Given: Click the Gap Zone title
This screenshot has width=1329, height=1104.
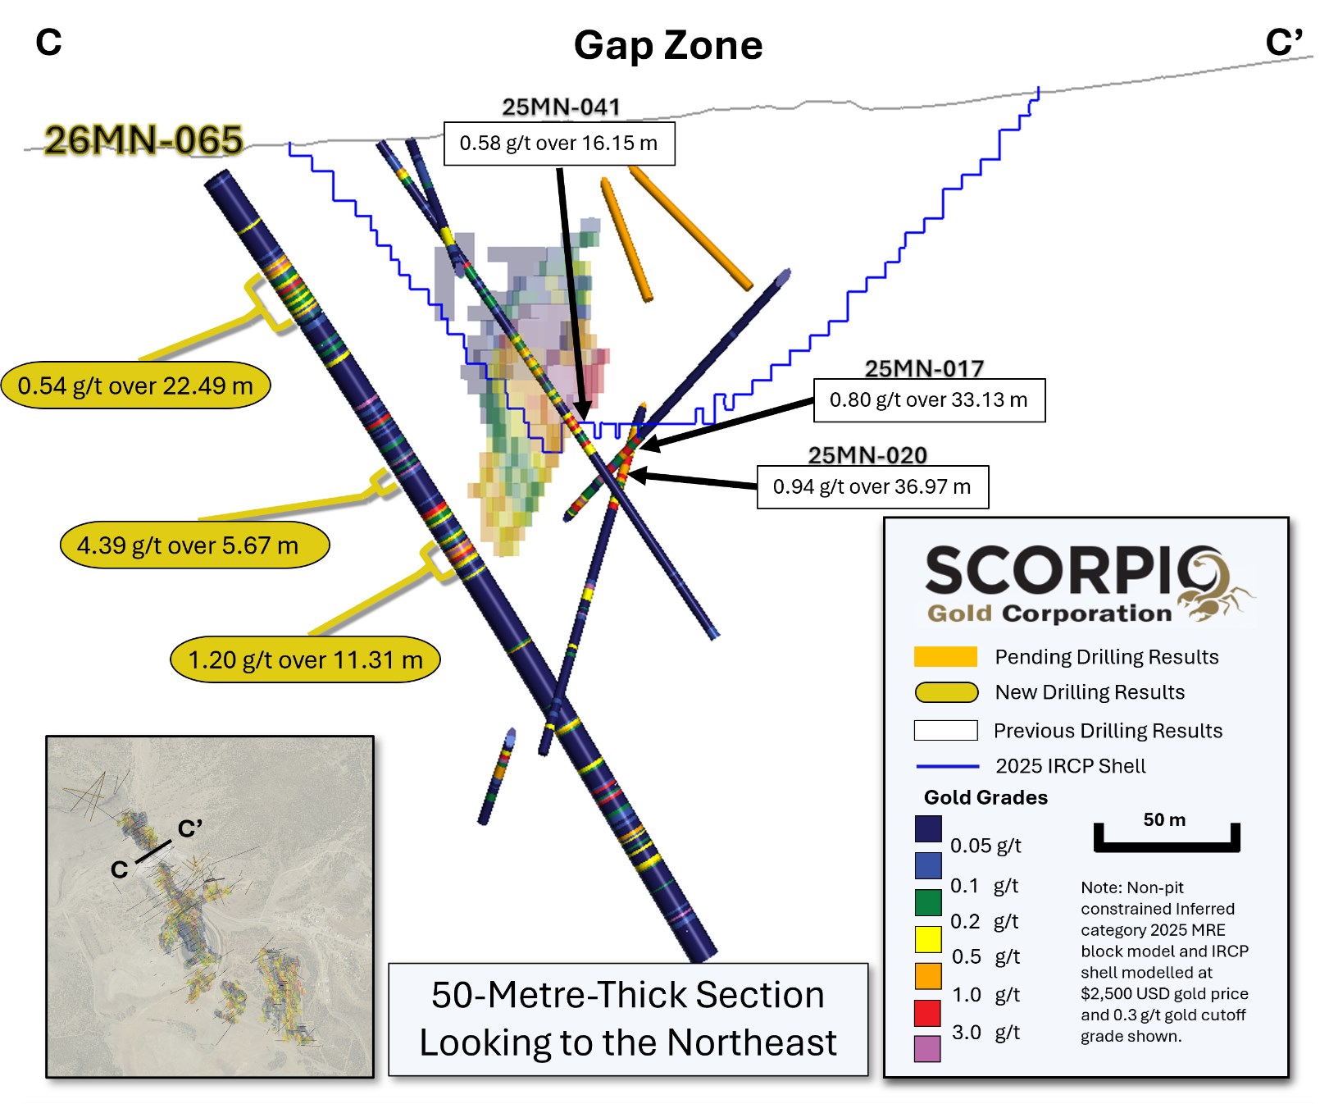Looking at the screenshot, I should (x=667, y=45).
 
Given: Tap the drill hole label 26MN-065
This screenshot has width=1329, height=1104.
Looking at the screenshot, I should (x=143, y=139).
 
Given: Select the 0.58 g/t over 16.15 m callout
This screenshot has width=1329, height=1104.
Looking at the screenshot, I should (x=558, y=144).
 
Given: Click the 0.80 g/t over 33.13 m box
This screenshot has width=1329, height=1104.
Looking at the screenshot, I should (x=928, y=400).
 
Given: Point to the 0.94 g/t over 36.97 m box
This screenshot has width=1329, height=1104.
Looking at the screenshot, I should (x=872, y=487).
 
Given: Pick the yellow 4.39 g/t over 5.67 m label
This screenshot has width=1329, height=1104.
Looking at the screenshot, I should (x=194, y=545).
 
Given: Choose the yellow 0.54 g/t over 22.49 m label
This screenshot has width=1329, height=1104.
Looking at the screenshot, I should (x=135, y=385).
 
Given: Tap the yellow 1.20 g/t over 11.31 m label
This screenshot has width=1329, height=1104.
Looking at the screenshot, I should (x=305, y=659).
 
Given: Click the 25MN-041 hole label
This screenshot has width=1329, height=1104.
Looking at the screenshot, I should (x=561, y=107).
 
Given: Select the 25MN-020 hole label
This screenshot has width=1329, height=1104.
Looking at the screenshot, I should (x=867, y=455).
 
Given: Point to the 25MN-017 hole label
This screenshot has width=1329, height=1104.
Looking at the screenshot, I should (x=924, y=368).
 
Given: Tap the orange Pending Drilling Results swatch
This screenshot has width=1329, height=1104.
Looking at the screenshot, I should (x=945, y=657).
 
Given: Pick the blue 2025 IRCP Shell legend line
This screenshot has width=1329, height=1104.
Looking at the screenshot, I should (x=947, y=766).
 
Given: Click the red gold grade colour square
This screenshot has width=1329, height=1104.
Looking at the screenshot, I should (x=927, y=1013).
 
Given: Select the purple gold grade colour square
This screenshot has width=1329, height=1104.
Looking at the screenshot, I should (x=927, y=1049).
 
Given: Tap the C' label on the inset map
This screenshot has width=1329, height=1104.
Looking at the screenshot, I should (x=190, y=828).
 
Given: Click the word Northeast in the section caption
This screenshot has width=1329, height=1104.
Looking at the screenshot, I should (x=752, y=1043).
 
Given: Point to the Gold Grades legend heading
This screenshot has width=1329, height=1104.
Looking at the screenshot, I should (x=985, y=797).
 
